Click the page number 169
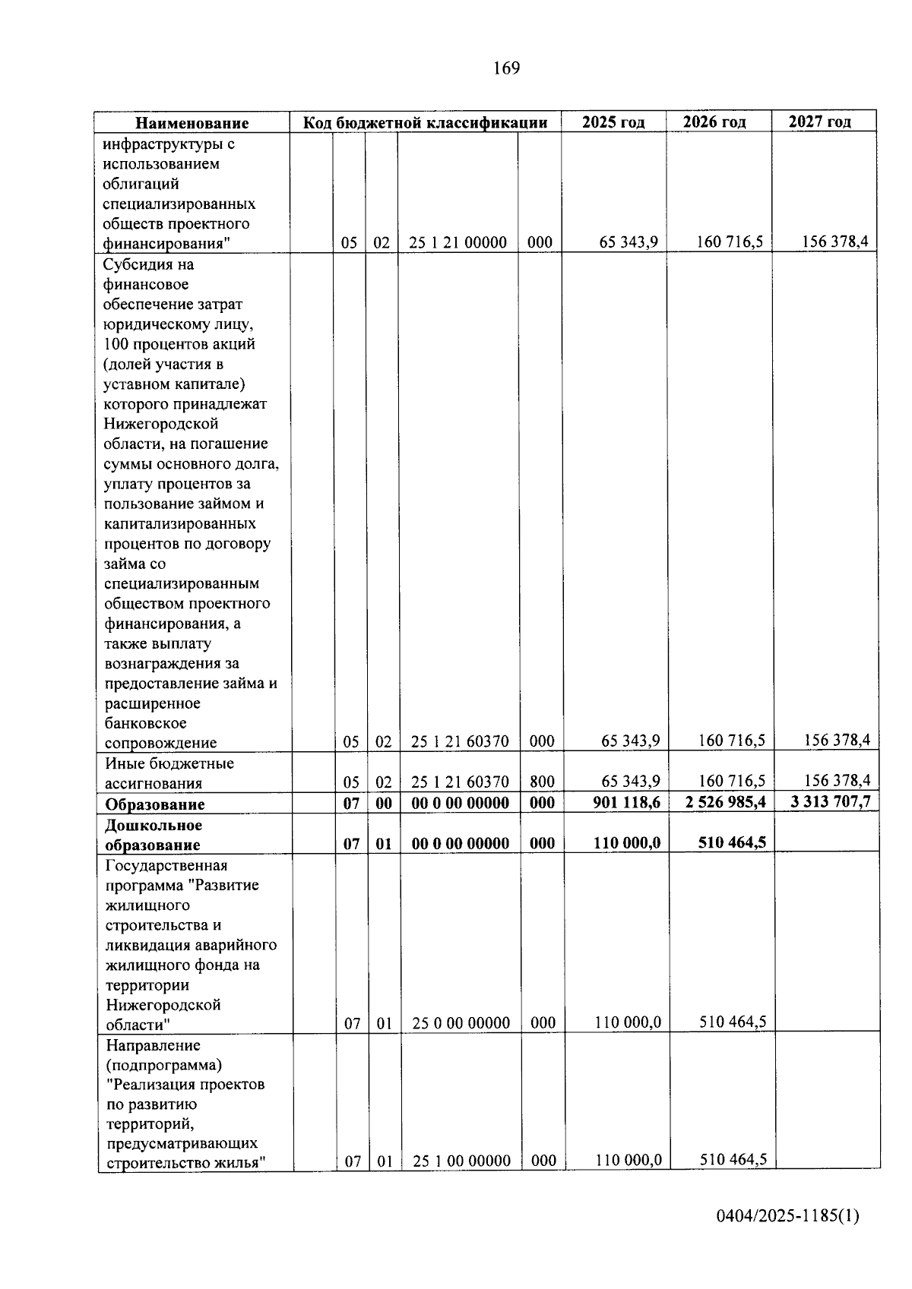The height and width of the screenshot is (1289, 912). [506, 68]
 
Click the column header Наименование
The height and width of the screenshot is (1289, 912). [192, 123]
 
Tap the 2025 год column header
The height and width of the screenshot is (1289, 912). [613, 122]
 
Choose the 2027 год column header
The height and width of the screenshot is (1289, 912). [820, 121]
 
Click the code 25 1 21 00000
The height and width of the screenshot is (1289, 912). [458, 243]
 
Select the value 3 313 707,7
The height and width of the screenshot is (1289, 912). [831, 801]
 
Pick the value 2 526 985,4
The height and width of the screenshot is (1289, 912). [725, 802]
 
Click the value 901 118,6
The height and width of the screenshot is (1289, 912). [626, 803]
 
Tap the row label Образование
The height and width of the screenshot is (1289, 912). [155, 804]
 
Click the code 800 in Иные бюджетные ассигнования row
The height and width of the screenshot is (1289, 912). [542, 782]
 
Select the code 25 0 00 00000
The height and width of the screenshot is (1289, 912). [461, 1023]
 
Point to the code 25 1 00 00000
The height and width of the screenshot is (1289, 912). [461, 1161]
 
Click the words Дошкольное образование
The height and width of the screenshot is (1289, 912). [154, 835]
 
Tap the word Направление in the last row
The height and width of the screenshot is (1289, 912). [153, 1046]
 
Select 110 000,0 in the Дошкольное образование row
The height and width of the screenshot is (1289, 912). [626, 842]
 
